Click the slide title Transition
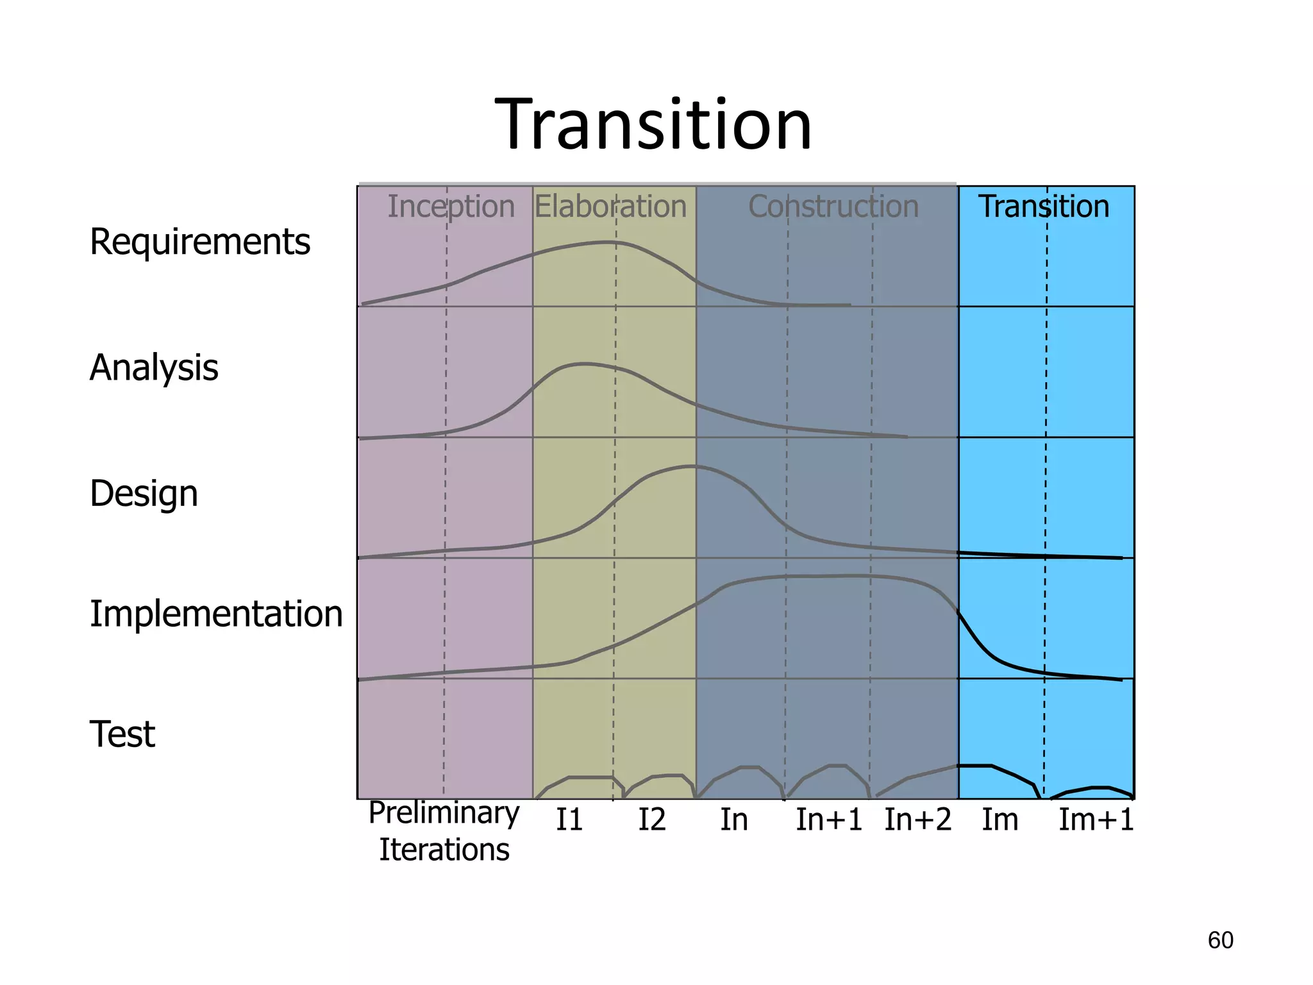coord(653,125)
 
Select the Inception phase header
coord(451,206)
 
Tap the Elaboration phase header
coord(610,206)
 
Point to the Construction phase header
coord(833,206)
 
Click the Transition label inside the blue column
coord(1044,206)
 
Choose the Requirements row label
coord(199,242)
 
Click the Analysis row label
coord(154,367)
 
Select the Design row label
coord(144,493)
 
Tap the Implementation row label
coord(216,614)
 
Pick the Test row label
coord(122,734)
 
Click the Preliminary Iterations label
coord(444,831)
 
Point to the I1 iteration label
coord(569,820)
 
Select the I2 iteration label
coord(651,820)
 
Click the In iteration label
coord(733,820)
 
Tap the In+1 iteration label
coord(829,820)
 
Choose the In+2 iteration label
coord(917,820)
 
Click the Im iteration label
coord(999,820)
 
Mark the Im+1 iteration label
coord(1096,820)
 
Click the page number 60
coord(1220,940)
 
